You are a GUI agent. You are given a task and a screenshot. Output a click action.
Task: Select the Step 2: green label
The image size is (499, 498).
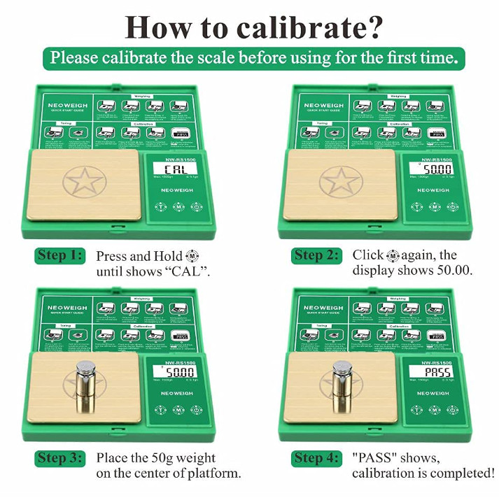click(316, 255)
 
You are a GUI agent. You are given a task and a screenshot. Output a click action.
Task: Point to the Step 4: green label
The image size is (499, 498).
click(316, 458)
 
